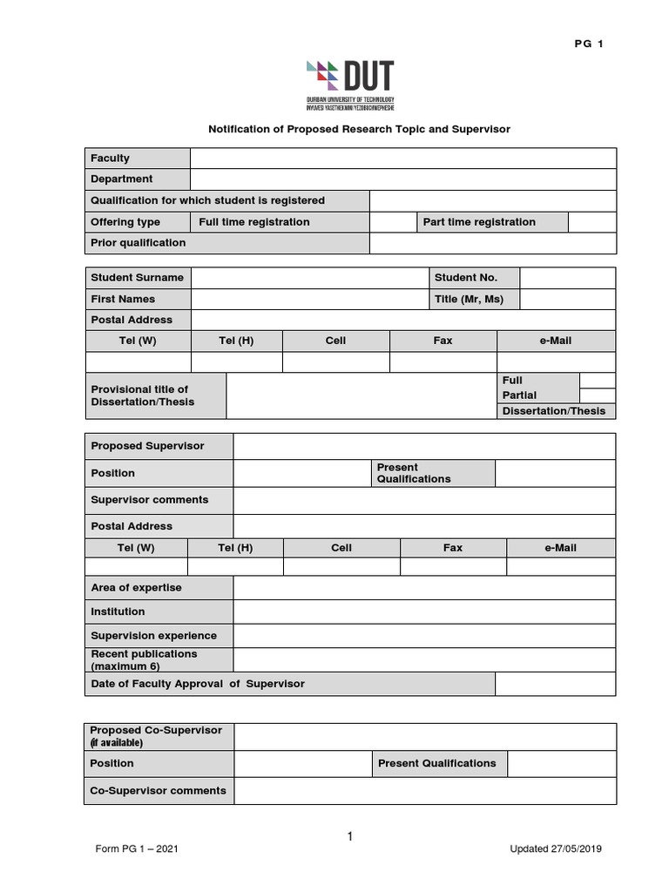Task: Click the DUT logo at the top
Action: tap(350, 84)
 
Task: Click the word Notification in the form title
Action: tap(240, 129)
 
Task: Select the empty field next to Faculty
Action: tap(402, 159)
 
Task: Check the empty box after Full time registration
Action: tap(392, 222)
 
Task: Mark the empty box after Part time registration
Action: tap(591, 222)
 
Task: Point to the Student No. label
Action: tap(466, 278)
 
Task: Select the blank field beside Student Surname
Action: tap(308, 278)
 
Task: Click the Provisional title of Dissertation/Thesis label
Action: tap(143, 395)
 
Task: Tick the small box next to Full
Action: tap(597, 380)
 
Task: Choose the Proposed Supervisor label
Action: tap(147, 446)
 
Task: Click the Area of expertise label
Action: tap(136, 588)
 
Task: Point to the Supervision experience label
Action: tap(153, 636)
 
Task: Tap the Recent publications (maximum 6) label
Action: tap(144, 659)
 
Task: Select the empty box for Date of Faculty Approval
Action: tap(555, 684)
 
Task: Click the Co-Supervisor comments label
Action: tap(158, 791)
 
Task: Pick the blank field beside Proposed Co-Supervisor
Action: tap(424, 736)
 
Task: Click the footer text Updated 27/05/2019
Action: tap(555, 849)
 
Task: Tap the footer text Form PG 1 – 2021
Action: tap(139, 849)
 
